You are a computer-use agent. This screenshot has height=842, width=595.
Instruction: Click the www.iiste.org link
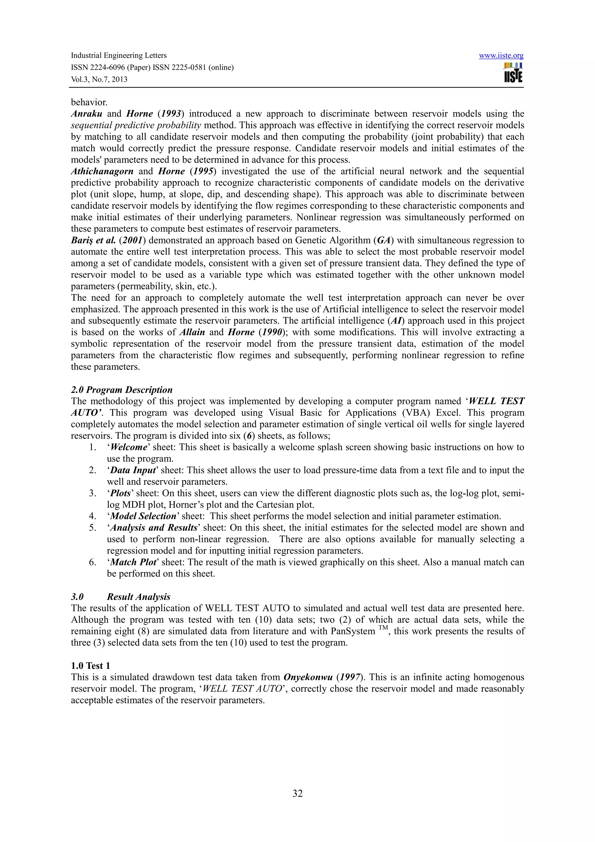(x=501, y=56)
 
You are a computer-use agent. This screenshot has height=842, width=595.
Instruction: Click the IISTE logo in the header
(x=513, y=73)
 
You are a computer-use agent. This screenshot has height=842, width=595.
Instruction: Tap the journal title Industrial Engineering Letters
(x=119, y=55)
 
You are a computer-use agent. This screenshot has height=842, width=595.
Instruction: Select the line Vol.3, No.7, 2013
(x=99, y=79)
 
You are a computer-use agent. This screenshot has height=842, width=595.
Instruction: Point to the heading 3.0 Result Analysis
(x=121, y=597)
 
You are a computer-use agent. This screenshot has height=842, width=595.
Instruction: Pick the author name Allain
(x=192, y=332)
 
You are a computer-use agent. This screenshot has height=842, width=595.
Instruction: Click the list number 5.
(x=92, y=528)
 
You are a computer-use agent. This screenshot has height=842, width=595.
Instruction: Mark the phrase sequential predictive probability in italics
(x=136, y=125)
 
